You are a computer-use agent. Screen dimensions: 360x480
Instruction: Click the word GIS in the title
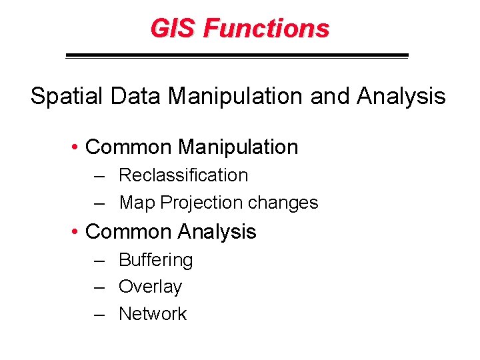click(x=173, y=29)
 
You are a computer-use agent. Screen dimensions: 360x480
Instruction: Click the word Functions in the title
click(x=266, y=29)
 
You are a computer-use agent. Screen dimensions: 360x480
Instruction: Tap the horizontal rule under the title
click(x=237, y=56)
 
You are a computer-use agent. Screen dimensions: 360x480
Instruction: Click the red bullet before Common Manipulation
click(x=77, y=147)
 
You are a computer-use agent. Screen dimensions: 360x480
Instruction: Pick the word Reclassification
click(x=183, y=175)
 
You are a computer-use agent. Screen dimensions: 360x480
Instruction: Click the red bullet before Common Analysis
click(x=77, y=232)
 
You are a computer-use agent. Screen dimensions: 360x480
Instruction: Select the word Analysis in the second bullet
click(x=217, y=232)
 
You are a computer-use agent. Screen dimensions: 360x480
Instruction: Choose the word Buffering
click(x=155, y=261)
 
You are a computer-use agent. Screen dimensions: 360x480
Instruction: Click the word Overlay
click(x=150, y=287)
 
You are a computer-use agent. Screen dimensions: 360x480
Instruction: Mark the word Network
click(x=153, y=314)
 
